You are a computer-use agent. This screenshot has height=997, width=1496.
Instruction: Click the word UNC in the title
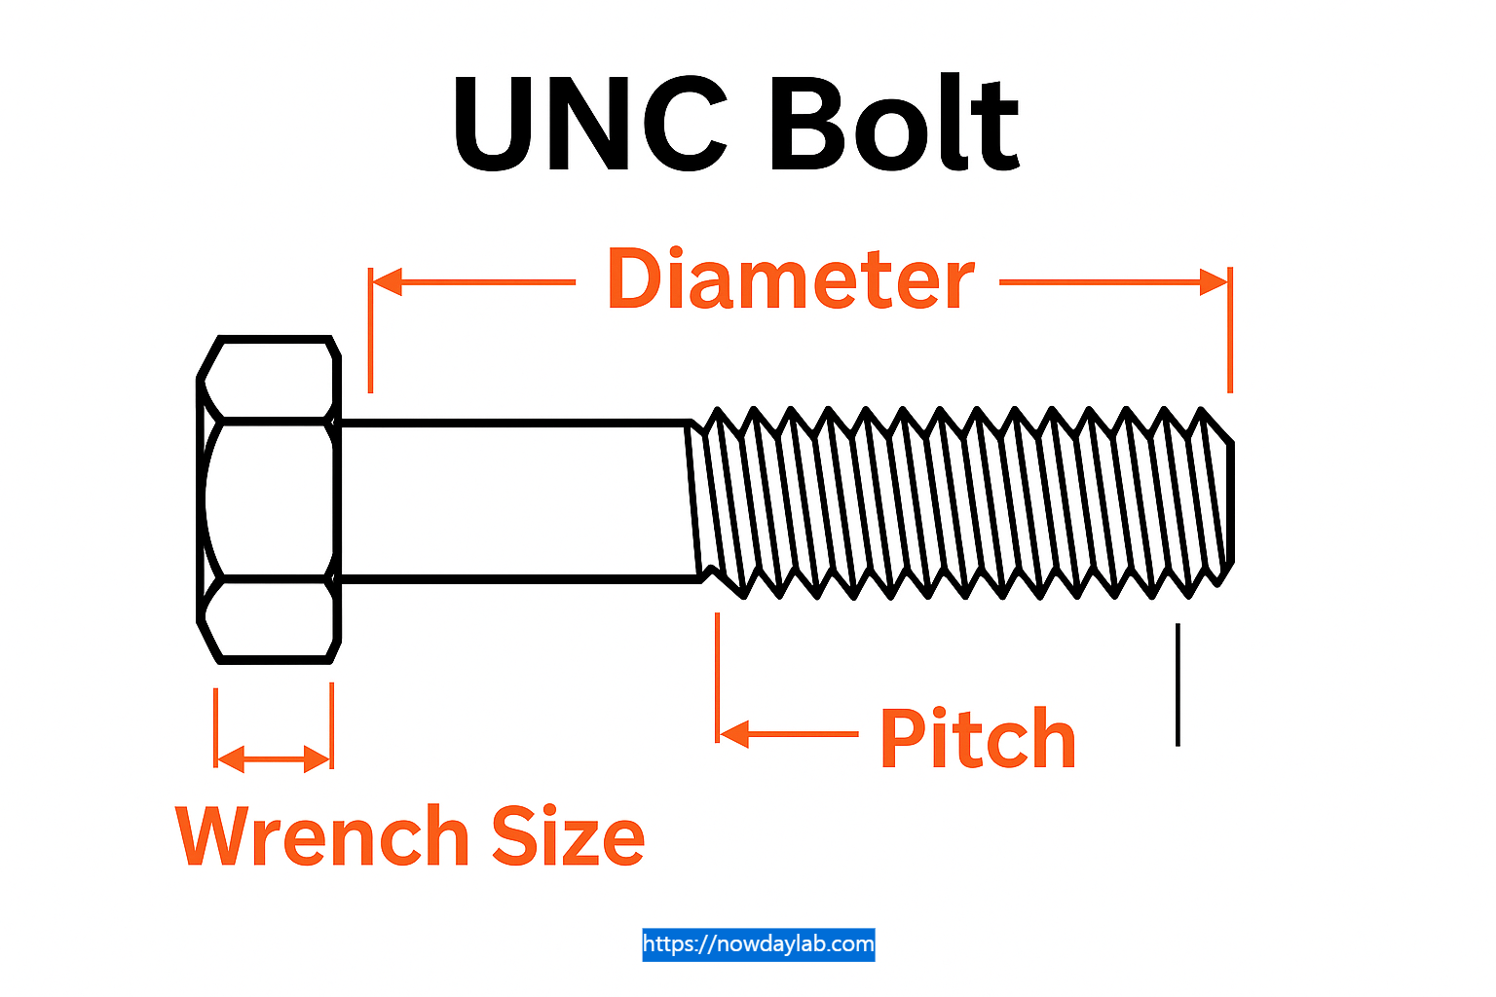(590, 125)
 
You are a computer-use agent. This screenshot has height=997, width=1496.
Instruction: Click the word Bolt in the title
(893, 125)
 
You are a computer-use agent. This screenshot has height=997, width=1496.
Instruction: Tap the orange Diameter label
(790, 280)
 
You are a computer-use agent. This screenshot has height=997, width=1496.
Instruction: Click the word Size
(568, 835)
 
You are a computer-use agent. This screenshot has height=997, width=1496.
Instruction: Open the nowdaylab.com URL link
(759, 943)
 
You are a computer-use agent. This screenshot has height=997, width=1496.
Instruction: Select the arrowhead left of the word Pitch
(733, 733)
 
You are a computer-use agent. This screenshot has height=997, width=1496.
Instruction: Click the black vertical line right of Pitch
(1178, 684)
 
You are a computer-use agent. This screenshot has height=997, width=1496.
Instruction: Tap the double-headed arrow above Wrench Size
(274, 758)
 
